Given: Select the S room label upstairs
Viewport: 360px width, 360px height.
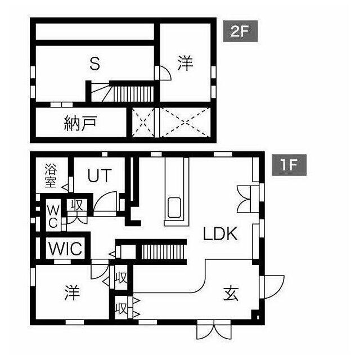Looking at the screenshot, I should click(95, 64).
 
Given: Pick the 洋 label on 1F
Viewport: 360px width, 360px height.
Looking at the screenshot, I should click(71, 292).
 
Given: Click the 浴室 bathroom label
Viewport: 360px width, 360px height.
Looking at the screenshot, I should click(51, 175).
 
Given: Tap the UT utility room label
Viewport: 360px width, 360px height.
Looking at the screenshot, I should click(99, 175).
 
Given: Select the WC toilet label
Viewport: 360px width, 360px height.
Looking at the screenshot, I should click(52, 215).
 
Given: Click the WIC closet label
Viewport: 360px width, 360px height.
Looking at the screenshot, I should click(65, 247).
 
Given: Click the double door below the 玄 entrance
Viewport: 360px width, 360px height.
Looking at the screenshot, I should click(213, 330).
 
